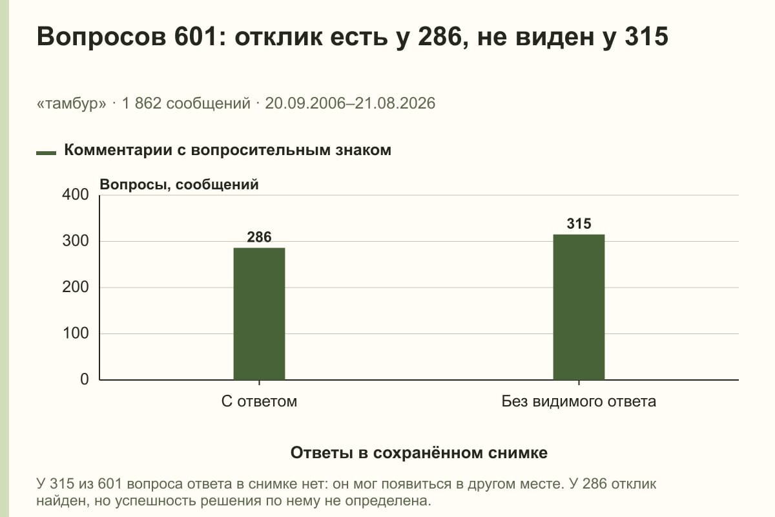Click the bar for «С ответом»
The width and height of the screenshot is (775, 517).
[x=259, y=313]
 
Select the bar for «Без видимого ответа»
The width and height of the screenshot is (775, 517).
[x=579, y=307]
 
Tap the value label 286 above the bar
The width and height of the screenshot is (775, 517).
[x=259, y=237]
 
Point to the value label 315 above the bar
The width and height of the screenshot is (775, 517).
[x=579, y=224]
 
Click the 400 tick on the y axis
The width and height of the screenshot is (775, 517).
[x=76, y=195]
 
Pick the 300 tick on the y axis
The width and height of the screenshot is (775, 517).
[x=76, y=241]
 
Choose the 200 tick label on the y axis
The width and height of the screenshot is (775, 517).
[x=76, y=287]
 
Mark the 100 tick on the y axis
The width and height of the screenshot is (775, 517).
[x=76, y=333]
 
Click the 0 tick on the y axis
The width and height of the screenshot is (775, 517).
[x=85, y=379]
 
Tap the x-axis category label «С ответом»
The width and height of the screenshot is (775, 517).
[x=259, y=402]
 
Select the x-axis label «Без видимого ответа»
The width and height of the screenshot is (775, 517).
[x=579, y=402]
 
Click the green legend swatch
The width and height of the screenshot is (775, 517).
[x=46, y=153]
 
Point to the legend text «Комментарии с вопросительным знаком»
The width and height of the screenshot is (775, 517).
[x=227, y=151]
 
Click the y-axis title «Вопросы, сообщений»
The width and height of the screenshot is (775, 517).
[x=180, y=185]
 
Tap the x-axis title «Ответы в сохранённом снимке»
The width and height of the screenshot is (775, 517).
[x=419, y=453]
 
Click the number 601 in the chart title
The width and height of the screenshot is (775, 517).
[x=196, y=36]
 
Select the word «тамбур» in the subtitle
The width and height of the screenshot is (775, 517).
[x=72, y=103]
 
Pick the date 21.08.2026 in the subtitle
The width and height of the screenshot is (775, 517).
[x=395, y=103]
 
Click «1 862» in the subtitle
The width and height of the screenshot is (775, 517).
[x=141, y=103]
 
